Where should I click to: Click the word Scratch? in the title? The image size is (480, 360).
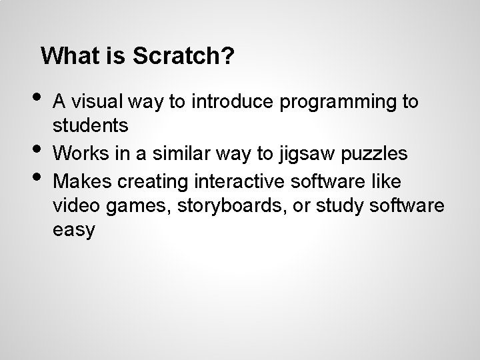[x=183, y=56]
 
